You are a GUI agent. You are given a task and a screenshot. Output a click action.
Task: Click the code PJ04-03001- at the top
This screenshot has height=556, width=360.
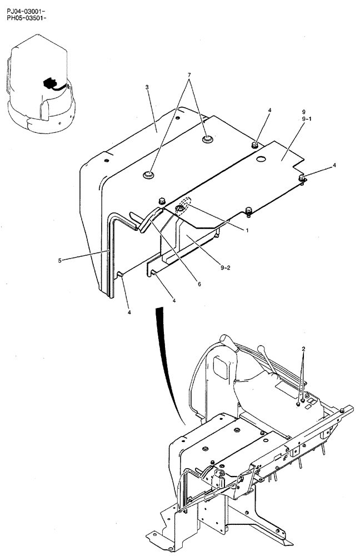click(23, 5)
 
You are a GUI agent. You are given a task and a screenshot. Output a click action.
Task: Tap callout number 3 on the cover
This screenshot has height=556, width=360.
click(147, 87)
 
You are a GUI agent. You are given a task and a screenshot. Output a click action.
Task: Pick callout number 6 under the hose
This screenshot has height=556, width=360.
click(183, 284)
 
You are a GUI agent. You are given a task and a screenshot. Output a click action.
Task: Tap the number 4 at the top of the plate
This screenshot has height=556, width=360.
click(269, 111)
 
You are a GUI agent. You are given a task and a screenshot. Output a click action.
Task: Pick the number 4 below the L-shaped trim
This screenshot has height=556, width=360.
click(129, 312)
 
